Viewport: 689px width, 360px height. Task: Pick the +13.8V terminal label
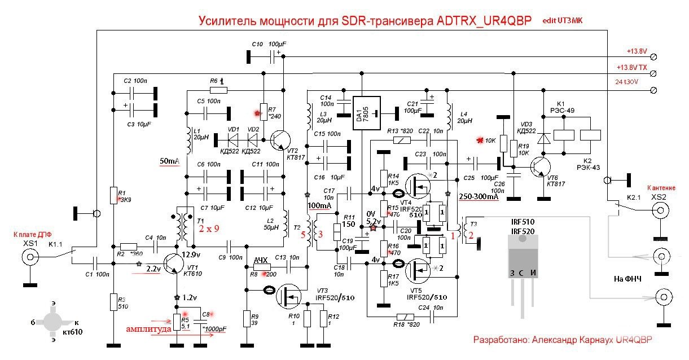(x=636, y=51)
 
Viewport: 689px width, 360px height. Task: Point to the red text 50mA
(x=169, y=162)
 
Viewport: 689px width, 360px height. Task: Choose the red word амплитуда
(x=148, y=329)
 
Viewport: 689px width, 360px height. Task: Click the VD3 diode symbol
(x=545, y=139)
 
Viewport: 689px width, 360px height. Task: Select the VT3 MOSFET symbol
(x=290, y=295)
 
